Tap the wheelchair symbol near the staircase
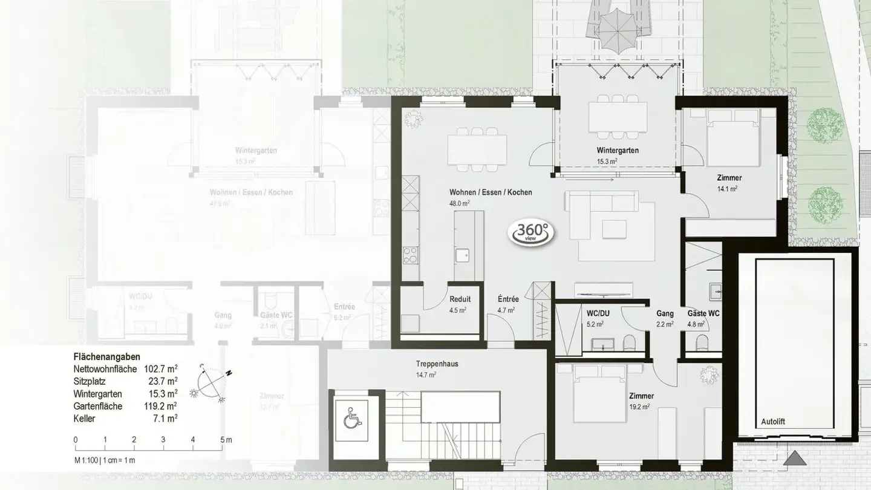coord(351,417)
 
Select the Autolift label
coord(772,422)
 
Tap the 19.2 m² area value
coord(639,407)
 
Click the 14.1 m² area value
coord(727,189)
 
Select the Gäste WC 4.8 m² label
coord(703,318)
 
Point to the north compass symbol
coord(212,382)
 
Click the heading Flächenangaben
coord(103,358)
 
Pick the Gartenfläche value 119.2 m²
coord(160,406)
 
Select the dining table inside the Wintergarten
coord(616,114)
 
